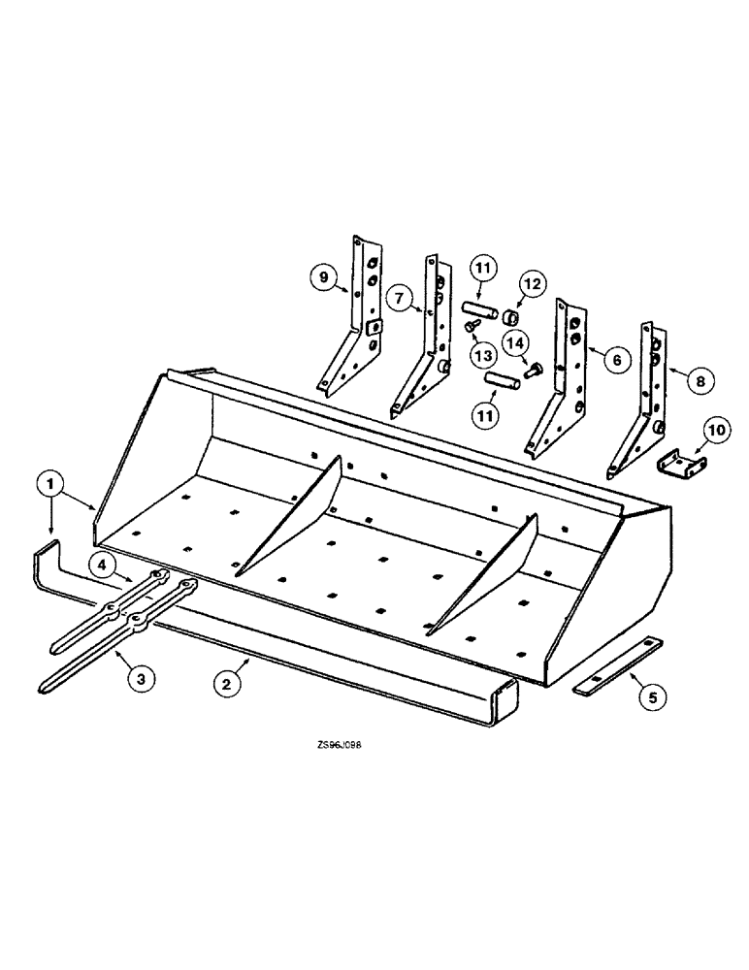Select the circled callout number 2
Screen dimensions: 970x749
click(x=227, y=683)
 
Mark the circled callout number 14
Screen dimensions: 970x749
click(x=515, y=342)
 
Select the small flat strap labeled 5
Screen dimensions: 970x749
click(x=618, y=666)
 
